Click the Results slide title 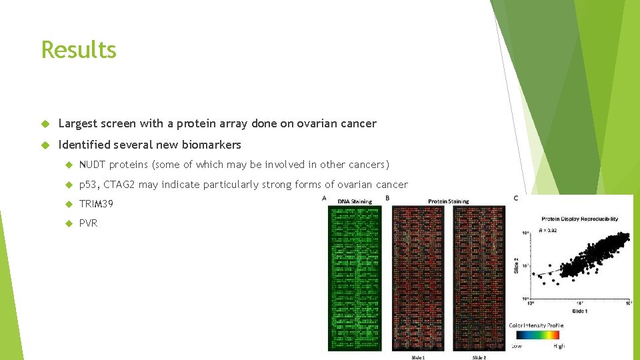pyautogui.click(x=79, y=49)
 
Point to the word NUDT pyautogui.click(x=93, y=165)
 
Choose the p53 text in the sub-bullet pyautogui.click(x=88, y=185)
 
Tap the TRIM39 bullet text pyautogui.click(x=96, y=203)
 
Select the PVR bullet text pyautogui.click(x=88, y=223)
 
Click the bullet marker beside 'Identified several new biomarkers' pyautogui.click(x=45, y=145)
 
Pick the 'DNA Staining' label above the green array pyautogui.click(x=355, y=201)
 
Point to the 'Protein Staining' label pyautogui.click(x=448, y=201)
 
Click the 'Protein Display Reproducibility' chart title pyautogui.click(x=579, y=219)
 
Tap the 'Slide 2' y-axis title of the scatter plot pyautogui.click(x=516, y=265)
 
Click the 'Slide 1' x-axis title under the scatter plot pyautogui.click(x=579, y=311)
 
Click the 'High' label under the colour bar pyautogui.click(x=559, y=346)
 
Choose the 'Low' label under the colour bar pyautogui.click(x=517, y=346)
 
